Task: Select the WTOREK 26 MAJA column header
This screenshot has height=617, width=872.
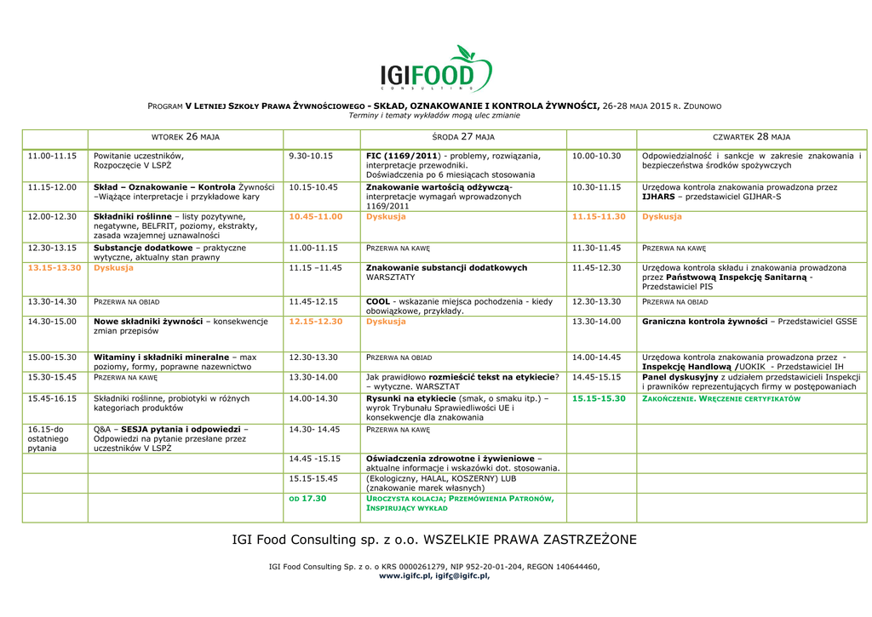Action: pos(186,136)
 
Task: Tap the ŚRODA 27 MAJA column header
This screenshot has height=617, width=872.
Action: pos(463,136)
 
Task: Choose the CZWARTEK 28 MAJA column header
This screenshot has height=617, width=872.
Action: pos(751,136)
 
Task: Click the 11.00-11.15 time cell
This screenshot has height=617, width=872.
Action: pos(53,156)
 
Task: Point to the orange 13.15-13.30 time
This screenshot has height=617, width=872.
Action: pos(54,267)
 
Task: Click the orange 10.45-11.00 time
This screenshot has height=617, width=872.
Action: pos(316,216)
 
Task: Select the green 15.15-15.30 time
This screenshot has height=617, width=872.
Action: pos(599,397)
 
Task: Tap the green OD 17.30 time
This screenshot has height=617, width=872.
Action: pos(308,498)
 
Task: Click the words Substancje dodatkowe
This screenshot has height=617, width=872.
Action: pos(142,248)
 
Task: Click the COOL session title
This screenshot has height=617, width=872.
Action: pos(377,301)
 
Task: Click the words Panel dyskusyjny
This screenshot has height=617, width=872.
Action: pos(680,376)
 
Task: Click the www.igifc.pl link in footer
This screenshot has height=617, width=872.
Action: pos(404,576)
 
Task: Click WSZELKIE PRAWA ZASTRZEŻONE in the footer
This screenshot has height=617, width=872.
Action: pos(530,540)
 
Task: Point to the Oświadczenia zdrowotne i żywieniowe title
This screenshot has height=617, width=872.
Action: pos(449,459)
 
